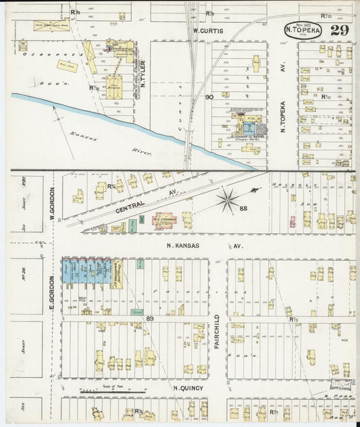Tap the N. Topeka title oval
[303, 30]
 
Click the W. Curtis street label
[207, 30]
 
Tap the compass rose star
[228, 200]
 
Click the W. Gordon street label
[51, 202]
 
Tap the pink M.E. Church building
[165, 220]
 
